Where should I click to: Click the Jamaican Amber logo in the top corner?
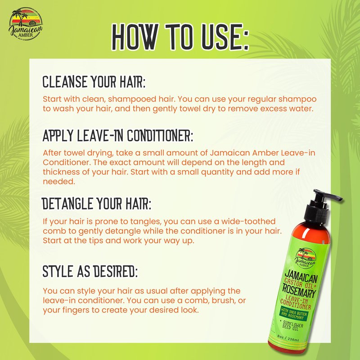click(26, 24)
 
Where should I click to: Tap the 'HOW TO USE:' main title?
click(180, 37)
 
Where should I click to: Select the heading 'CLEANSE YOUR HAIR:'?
click(94, 82)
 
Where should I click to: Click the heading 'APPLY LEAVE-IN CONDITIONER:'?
click(118, 135)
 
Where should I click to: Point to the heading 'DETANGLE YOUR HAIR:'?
click(96, 203)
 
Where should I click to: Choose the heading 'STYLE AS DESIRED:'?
click(90, 271)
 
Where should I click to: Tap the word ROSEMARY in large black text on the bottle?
click(299, 291)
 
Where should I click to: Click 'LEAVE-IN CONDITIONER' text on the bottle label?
click(296, 302)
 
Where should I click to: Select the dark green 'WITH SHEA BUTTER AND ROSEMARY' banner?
click(294, 314)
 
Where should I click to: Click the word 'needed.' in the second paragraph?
click(59, 182)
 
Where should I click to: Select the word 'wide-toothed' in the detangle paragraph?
click(248, 221)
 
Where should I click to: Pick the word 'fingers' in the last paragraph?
click(74, 310)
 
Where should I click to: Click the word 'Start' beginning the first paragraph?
click(52, 99)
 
